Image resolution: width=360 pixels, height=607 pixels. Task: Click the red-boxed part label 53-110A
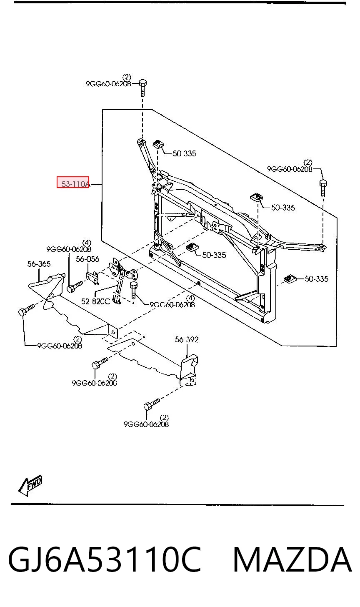click(x=75, y=184)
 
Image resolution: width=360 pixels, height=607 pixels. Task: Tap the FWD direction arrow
click(x=30, y=487)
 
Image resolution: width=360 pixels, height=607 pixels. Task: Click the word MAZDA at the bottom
click(x=292, y=559)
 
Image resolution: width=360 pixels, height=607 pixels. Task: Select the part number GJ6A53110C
click(x=105, y=559)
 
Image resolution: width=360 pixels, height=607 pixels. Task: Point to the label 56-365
click(x=39, y=263)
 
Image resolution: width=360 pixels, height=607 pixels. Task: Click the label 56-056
click(x=87, y=259)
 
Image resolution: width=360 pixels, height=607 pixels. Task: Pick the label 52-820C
click(x=95, y=301)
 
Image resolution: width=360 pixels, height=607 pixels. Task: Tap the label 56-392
click(x=187, y=339)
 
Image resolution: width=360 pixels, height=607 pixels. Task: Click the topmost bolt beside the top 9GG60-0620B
click(x=143, y=88)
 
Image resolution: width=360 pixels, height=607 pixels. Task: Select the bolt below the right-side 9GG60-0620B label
click(x=323, y=188)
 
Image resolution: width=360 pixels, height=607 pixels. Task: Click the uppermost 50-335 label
click(x=184, y=154)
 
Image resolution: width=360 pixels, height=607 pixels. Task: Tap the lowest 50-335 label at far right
click(x=316, y=279)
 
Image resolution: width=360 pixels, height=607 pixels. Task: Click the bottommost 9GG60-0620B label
click(x=146, y=424)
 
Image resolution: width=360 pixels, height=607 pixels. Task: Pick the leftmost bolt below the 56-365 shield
click(x=26, y=310)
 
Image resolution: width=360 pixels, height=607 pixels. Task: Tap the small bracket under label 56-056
click(x=92, y=277)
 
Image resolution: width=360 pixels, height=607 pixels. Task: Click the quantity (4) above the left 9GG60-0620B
click(x=87, y=243)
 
